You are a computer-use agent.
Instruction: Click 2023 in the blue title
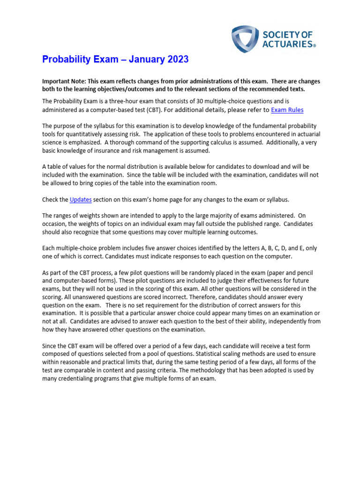(174, 60)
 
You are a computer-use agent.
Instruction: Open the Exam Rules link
(287, 110)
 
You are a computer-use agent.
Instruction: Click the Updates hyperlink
(81, 200)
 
